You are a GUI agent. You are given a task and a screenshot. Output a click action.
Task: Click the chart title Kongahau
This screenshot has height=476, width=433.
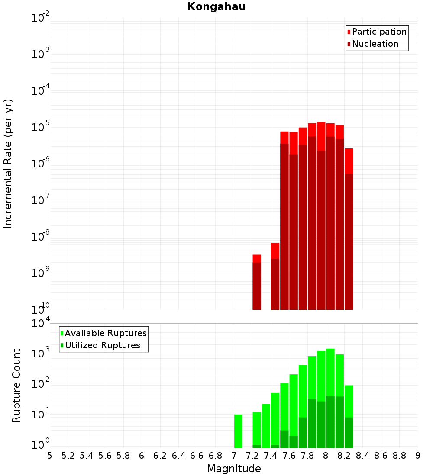(x=216, y=7)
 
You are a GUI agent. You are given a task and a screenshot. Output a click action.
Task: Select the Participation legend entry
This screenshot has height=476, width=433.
(x=379, y=32)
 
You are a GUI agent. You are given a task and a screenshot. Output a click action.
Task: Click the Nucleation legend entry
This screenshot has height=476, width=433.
(x=375, y=44)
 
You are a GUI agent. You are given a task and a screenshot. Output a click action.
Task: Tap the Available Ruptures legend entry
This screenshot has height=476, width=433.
(x=106, y=333)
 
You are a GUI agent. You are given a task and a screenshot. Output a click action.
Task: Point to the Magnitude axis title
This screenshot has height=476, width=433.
(x=234, y=469)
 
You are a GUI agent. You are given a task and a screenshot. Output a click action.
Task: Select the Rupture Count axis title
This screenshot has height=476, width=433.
(x=16, y=385)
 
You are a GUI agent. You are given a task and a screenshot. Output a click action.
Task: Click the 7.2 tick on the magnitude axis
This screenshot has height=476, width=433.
(x=252, y=456)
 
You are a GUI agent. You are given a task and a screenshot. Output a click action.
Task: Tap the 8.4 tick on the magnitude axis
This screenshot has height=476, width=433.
(x=362, y=456)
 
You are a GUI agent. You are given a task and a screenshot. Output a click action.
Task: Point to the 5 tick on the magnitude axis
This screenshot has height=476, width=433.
(x=50, y=456)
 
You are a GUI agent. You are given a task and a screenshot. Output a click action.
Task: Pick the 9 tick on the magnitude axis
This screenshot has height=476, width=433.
(x=418, y=456)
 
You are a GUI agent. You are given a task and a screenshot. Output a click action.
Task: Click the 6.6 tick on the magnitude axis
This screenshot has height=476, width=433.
(x=197, y=456)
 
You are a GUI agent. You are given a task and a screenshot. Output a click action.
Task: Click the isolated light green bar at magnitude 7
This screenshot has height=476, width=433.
(x=238, y=431)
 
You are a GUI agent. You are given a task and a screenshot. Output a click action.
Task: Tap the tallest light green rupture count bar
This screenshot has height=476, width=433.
(x=330, y=398)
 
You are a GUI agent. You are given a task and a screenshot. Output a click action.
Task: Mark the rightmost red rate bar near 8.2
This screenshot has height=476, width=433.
(x=349, y=229)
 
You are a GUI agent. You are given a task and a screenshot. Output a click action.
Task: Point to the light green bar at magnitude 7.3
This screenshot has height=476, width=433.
(x=266, y=426)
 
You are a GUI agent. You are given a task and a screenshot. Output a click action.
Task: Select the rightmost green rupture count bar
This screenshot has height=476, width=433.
(x=349, y=415)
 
